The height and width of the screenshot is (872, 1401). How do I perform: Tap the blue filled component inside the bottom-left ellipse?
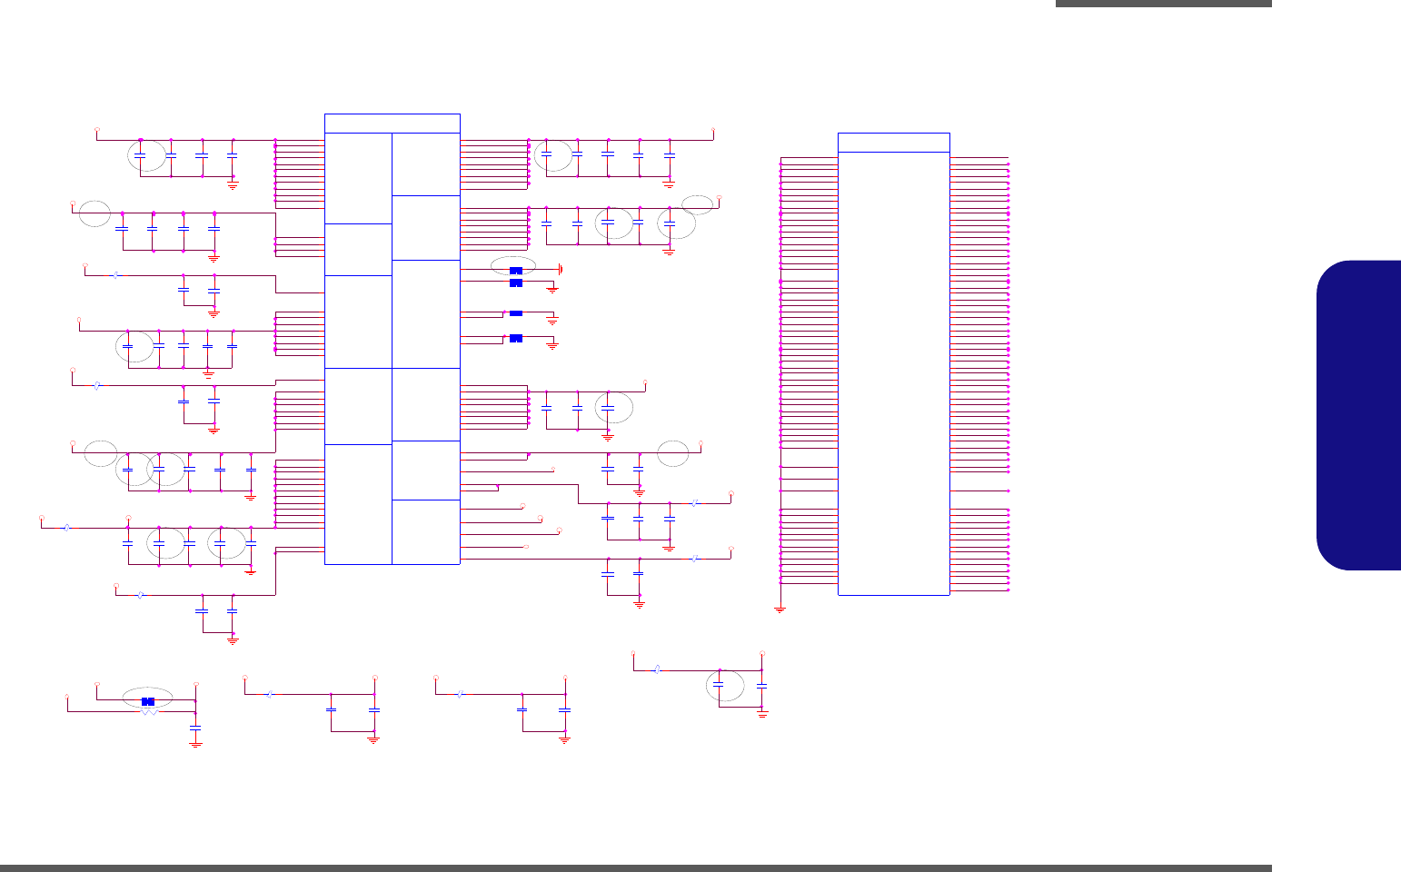(148, 701)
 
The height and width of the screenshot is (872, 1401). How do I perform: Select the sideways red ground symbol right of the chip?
(561, 270)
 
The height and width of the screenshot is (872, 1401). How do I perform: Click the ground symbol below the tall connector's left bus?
(780, 610)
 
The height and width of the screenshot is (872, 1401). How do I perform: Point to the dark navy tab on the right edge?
(1359, 415)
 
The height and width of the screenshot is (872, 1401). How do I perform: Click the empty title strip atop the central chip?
(392, 124)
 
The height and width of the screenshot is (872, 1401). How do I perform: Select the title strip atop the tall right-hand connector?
(893, 143)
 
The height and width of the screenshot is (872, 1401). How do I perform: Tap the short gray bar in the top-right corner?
(1163, 4)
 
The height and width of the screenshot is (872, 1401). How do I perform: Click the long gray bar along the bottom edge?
(636, 868)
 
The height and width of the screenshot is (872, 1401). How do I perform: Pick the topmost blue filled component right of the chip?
(516, 271)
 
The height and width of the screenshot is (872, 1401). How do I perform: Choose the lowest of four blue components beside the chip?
(516, 339)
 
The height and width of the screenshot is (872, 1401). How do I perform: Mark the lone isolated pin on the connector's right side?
(1009, 491)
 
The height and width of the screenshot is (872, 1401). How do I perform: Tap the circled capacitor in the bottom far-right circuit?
(719, 685)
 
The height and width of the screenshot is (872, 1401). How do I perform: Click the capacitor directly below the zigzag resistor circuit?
(195, 728)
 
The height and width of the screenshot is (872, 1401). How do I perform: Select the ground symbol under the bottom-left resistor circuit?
(195, 744)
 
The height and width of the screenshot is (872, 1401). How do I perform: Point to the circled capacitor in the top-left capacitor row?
(140, 157)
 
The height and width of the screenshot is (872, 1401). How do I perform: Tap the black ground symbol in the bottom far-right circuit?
(762, 715)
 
